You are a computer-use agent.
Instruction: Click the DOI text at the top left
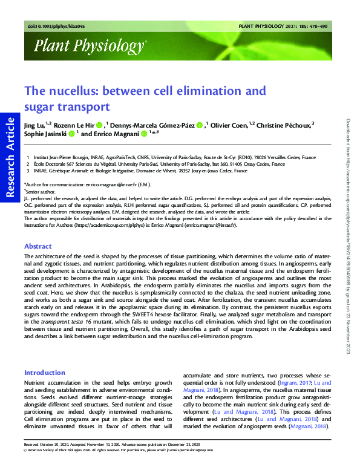[x=50, y=27]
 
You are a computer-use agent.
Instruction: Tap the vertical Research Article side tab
[x=10, y=157]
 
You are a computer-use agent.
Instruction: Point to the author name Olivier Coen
[x=231, y=125]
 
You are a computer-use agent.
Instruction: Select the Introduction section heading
[x=44, y=373]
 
